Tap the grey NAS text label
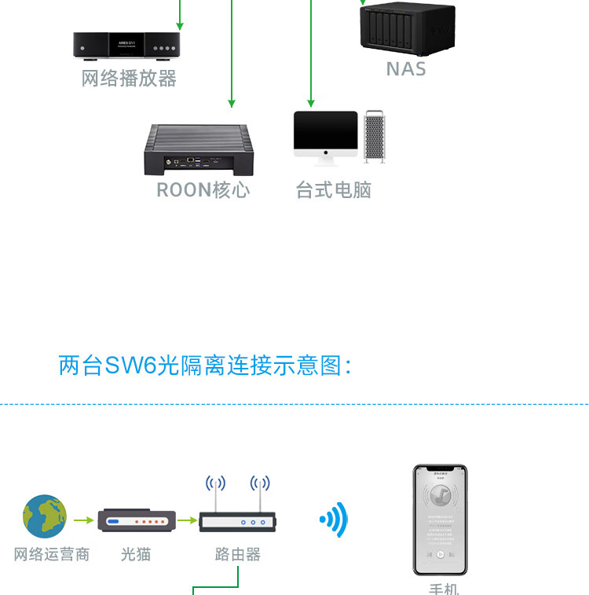point(406,69)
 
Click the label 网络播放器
point(129,79)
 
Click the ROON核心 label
point(203,190)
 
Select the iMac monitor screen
point(325,131)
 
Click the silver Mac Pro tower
point(375,137)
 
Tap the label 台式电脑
point(333,190)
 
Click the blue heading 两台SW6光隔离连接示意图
point(204,365)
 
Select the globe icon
point(45,516)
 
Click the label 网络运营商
point(52,555)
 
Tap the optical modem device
point(135,520)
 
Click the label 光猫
point(136,555)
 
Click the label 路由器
point(237,555)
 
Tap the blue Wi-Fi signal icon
point(334,520)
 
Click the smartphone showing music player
point(440,520)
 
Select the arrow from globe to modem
point(83,520)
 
